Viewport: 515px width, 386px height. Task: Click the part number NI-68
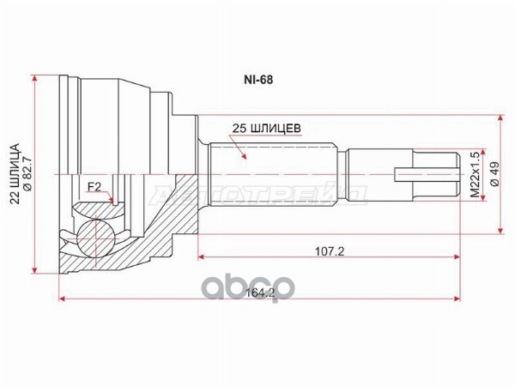click(x=258, y=80)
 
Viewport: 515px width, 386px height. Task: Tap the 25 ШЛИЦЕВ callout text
click(x=266, y=129)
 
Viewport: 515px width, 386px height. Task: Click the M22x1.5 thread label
click(x=476, y=175)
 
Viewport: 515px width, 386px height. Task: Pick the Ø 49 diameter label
click(x=494, y=174)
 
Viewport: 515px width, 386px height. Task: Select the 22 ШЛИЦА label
click(x=15, y=174)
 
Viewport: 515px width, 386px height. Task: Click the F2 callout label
click(x=94, y=187)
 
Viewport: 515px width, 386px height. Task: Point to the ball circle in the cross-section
click(x=96, y=238)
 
